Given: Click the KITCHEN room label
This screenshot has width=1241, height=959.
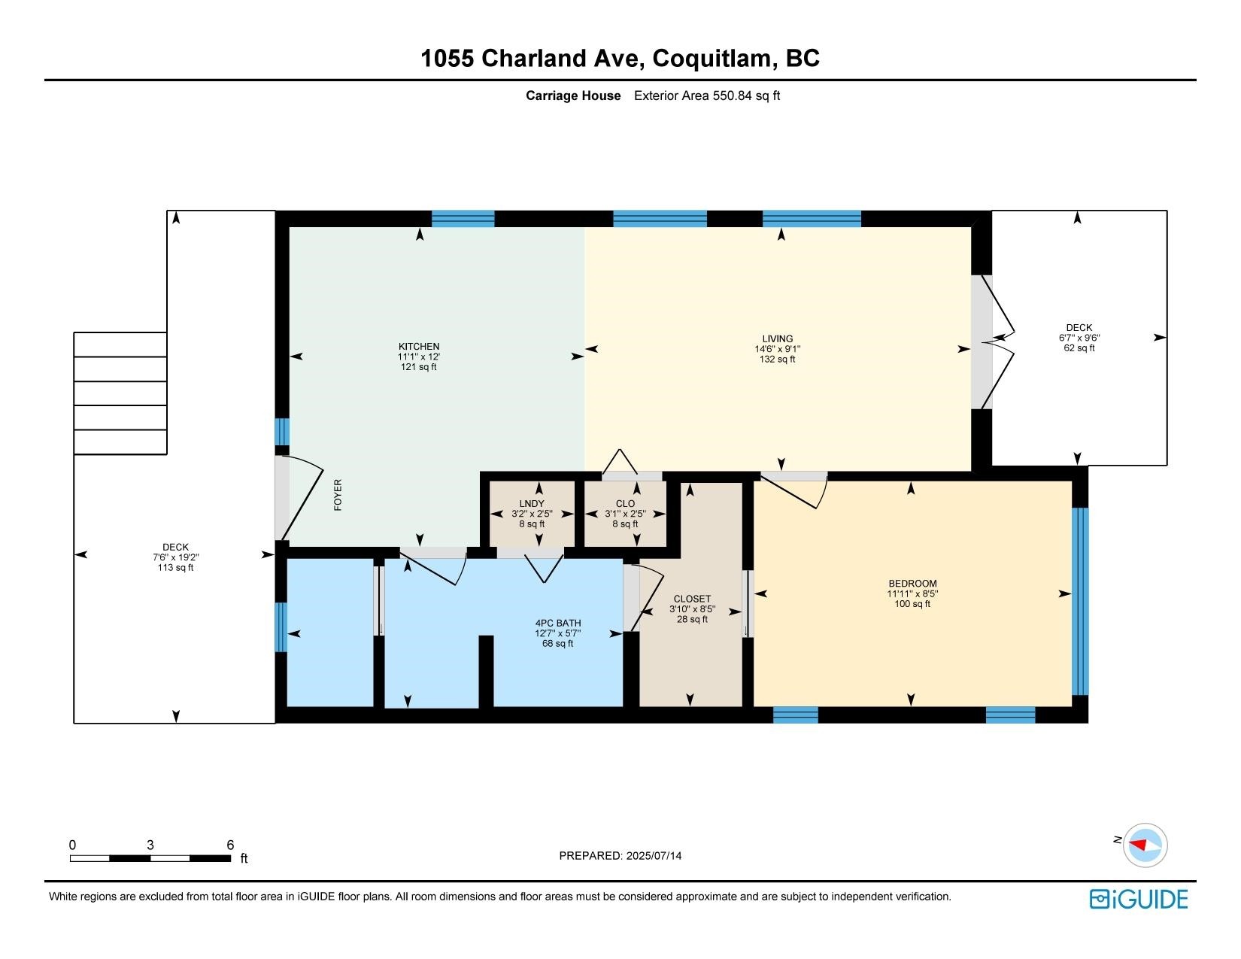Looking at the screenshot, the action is [419, 346].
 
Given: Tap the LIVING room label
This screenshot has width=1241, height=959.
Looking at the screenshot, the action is [777, 338].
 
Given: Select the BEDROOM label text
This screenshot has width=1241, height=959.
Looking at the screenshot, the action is [912, 583].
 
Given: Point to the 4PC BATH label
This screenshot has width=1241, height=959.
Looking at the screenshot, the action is [558, 623].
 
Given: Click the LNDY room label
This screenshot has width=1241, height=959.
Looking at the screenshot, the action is [532, 503].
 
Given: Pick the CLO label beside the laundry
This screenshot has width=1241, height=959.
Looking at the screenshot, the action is [625, 503].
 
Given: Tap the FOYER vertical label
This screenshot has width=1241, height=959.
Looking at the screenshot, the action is [338, 495].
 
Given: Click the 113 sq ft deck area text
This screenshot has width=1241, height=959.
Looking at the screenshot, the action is [175, 568].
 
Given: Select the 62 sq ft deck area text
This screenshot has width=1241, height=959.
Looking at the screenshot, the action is [1079, 347].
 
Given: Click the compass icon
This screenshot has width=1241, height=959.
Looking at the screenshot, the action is [1145, 845].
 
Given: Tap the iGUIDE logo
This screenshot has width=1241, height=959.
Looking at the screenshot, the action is [1139, 899].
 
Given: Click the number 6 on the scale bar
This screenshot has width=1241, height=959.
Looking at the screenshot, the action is [230, 845].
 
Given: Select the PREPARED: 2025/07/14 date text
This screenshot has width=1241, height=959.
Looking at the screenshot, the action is [620, 856].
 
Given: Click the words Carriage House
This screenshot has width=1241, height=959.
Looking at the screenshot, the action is [573, 96].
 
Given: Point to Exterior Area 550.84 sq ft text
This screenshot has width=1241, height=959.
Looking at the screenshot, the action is [706, 96].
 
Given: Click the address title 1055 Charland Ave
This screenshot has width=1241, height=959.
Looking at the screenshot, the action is [533, 58].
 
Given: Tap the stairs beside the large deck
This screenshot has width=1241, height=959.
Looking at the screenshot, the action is [120, 393].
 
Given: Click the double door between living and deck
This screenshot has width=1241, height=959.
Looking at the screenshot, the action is [993, 342].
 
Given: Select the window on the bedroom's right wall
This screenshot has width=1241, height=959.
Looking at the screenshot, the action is [1080, 602].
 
